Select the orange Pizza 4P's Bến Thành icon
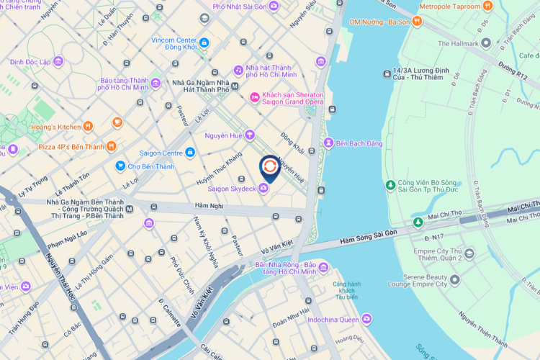[111, 146]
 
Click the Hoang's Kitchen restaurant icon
[87, 127]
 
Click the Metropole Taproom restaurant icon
[487, 6]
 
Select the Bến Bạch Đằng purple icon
[328, 143]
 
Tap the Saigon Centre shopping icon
[190, 153]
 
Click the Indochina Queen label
[333, 319]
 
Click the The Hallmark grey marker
[486, 44]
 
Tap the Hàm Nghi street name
[207, 206]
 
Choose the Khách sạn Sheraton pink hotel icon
[254, 97]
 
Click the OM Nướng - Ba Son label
[379, 22]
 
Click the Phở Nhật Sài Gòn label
[240, 6]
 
